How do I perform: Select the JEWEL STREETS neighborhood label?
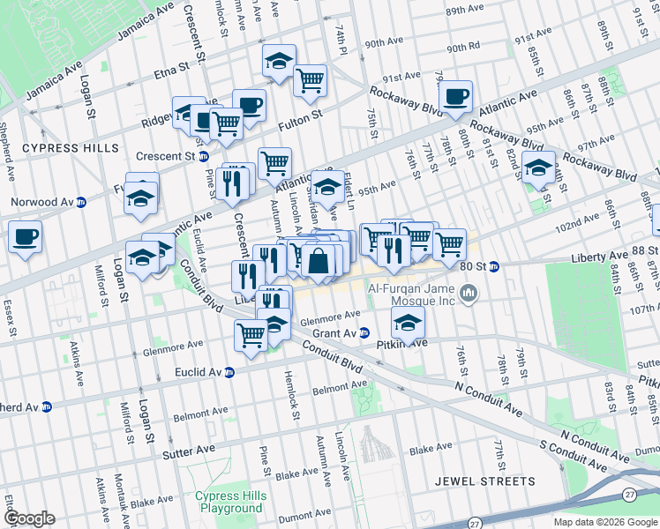(x=485, y=481)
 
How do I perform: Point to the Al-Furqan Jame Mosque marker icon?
(x=469, y=292)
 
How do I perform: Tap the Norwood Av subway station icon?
(x=80, y=202)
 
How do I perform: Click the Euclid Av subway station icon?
(x=229, y=373)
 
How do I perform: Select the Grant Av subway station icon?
(x=364, y=332)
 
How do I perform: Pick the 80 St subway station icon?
(x=494, y=265)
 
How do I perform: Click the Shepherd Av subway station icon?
(x=47, y=407)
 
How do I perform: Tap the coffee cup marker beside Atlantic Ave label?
(x=455, y=96)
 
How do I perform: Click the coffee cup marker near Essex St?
(x=25, y=236)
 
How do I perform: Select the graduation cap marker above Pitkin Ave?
(x=408, y=322)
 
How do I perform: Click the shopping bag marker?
(x=318, y=261)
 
